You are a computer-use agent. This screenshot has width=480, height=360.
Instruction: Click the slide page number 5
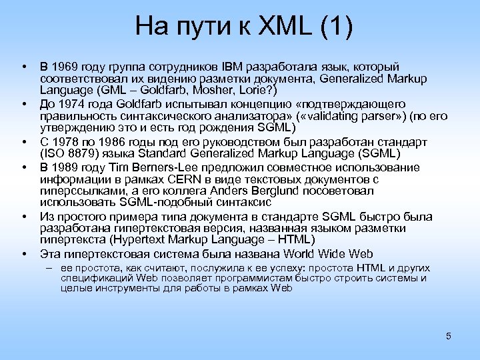pyautogui.click(x=449, y=336)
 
